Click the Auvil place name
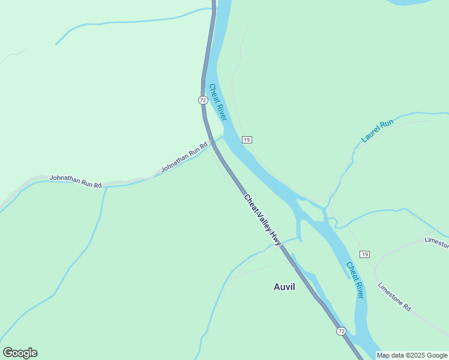pyautogui.click(x=285, y=287)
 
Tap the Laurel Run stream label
pyautogui.click(x=377, y=131)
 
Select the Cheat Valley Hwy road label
pyautogui.click(x=262, y=219)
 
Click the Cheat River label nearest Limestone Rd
pyautogui.click(x=355, y=280)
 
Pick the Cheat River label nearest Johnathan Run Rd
pyautogui.click(x=217, y=101)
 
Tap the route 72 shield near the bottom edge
pyautogui.click(x=341, y=331)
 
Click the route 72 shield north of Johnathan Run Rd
pyautogui.click(x=203, y=100)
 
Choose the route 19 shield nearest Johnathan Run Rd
pyautogui.click(x=247, y=140)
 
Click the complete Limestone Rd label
pyautogui.click(x=394, y=296)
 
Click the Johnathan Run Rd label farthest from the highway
pyautogui.click(x=75, y=181)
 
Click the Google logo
pyautogui.click(x=20, y=353)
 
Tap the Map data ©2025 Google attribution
pyautogui.click(x=412, y=355)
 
